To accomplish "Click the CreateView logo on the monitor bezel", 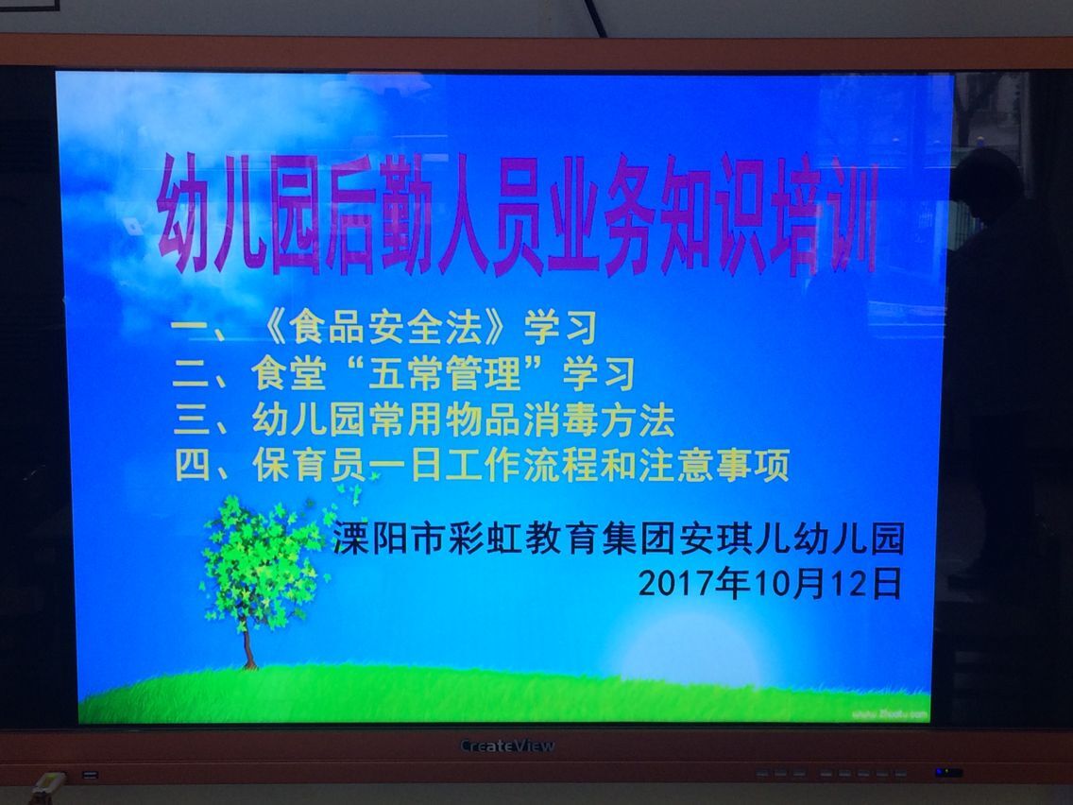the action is [507, 745].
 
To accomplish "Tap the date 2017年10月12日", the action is [770, 584].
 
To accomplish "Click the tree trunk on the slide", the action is [249, 647].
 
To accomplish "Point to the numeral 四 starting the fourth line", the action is [194, 466].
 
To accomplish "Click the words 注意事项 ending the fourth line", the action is [714, 466].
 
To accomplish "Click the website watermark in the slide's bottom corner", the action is [890, 714].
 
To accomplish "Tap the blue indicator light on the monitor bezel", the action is [948, 772].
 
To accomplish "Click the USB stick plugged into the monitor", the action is [46, 786].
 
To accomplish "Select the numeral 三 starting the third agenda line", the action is [192, 420].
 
